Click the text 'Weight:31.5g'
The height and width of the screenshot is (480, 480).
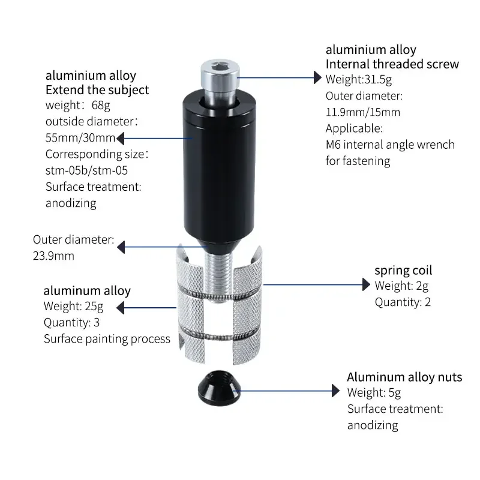click(358, 79)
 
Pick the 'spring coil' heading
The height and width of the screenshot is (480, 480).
click(403, 270)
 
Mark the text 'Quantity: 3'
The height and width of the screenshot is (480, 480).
click(73, 322)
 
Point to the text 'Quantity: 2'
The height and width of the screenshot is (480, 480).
click(403, 302)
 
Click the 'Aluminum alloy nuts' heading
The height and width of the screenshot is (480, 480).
click(404, 377)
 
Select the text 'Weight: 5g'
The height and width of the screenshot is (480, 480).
click(374, 393)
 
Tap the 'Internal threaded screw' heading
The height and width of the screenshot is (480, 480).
click(392, 64)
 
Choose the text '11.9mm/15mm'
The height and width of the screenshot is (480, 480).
click(362, 112)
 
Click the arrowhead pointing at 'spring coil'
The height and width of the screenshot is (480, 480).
click(365, 285)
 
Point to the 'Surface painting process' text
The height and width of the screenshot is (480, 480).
click(107, 339)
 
